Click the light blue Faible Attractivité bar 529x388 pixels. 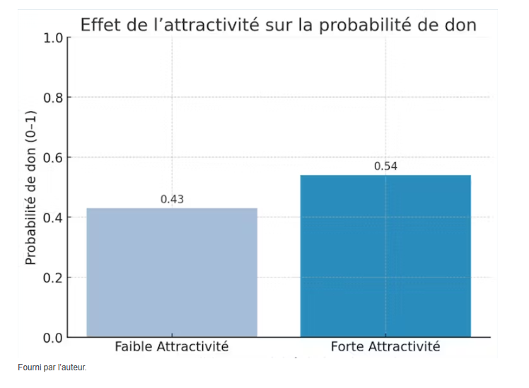click(172, 272)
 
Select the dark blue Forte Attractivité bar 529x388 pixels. click(385, 256)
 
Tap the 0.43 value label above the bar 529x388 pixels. click(172, 199)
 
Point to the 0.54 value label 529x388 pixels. click(385, 166)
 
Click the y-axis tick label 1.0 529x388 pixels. click(53, 38)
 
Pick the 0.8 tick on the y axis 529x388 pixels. click(53, 98)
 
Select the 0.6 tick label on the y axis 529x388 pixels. click(53, 157)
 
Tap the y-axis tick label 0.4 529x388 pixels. click(53, 217)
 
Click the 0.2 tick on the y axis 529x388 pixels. click(53, 278)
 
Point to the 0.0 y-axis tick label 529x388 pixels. click(53, 337)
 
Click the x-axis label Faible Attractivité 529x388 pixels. click(172, 347)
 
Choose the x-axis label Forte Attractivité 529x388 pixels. click(385, 347)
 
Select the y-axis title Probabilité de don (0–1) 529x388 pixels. click(30, 188)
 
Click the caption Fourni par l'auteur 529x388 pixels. click(52, 367)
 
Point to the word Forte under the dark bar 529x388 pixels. click(349, 347)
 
